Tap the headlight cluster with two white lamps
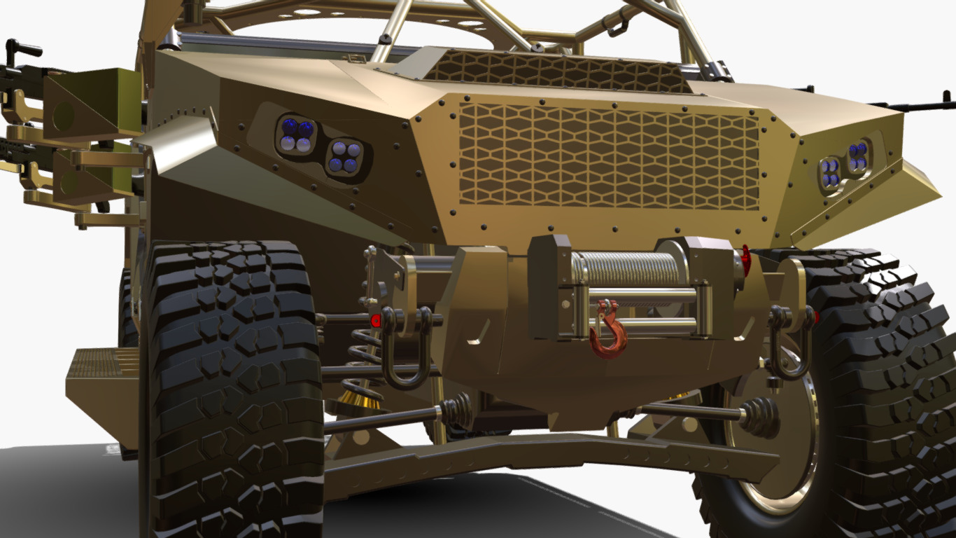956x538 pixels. click(296, 134)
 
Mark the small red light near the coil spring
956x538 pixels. click(376, 321)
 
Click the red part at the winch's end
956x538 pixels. click(745, 261)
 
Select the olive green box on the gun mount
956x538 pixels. click(84, 105)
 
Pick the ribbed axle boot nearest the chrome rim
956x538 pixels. click(760, 416)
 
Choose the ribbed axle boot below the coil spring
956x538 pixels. click(456, 409)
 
